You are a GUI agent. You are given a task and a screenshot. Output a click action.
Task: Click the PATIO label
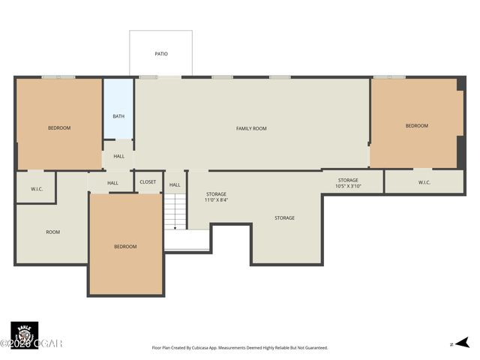click(x=161, y=54)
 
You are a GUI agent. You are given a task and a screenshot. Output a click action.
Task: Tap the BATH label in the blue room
click(x=118, y=116)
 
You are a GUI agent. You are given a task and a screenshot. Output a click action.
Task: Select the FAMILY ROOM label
click(x=251, y=128)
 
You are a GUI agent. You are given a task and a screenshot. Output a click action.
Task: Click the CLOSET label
click(x=148, y=182)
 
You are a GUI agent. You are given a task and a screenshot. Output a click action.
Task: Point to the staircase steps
click(x=175, y=211)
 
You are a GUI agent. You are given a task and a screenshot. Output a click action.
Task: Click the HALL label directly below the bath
click(x=118, y=156)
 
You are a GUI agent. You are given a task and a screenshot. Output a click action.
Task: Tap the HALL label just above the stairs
click(x=175, y=184)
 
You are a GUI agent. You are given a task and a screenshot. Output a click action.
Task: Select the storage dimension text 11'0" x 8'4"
click(x=217, y=200)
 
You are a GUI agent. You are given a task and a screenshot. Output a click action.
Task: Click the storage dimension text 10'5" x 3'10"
click(x=348, y=186)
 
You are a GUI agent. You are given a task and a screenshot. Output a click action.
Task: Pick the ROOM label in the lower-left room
click(x=52, y=232)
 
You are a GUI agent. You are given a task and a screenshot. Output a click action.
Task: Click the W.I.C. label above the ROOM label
click(x=37, y=189)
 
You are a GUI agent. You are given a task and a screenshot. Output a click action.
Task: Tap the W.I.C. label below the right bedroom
click(x=424, y=182)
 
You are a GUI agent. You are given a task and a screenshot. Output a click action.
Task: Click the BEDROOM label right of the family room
click(x=416, y=125)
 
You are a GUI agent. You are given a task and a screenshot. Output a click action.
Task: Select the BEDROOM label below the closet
click(x=125, y=247)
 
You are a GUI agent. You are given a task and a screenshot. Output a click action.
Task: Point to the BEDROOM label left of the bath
click(x=59, y=127)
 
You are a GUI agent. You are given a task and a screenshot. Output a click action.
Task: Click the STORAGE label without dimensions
click(x=284, y=217)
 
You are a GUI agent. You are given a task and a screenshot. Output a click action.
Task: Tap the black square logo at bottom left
click(x=24, y=334)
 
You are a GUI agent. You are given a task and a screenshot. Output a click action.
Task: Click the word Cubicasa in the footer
click(x=212, y=348)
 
